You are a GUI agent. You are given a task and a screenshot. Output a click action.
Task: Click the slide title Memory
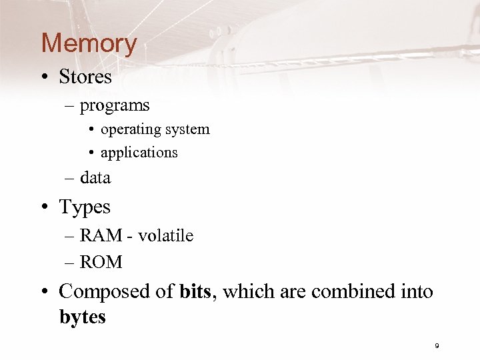click(x=89, y=43)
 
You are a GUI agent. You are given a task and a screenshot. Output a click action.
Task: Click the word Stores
click(x=85, y=77)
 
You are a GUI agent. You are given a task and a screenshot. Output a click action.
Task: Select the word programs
click(x=115, y=105)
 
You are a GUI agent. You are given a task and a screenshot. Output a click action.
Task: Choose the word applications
click(x=139, y=153)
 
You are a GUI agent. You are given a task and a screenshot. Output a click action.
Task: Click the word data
click(x=95, y=178)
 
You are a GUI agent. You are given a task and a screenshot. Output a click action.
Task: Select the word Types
click(x=85, y=207)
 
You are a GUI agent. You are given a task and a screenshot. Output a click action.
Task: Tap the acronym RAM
click(x=100, y=236)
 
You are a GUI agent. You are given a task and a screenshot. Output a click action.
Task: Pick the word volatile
click(x=166, y=236)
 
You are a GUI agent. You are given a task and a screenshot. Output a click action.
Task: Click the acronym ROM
click(x=101, y=263)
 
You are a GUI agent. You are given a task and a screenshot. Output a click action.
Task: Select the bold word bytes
click(x=83, y=317)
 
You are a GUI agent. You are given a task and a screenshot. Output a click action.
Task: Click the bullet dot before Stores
click(x=46, y=78)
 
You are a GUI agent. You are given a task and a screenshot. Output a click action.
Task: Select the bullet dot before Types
click(x=46, y=208)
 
